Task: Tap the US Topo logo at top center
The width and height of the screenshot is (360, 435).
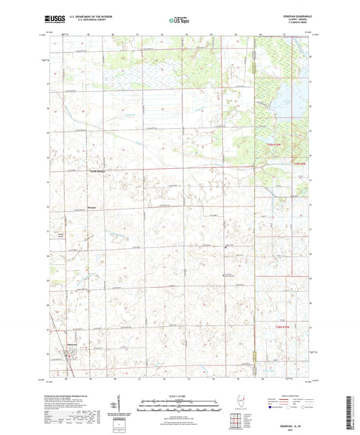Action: (x=179, y=21)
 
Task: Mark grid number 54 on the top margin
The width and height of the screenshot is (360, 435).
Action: (x=211, y=33)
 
